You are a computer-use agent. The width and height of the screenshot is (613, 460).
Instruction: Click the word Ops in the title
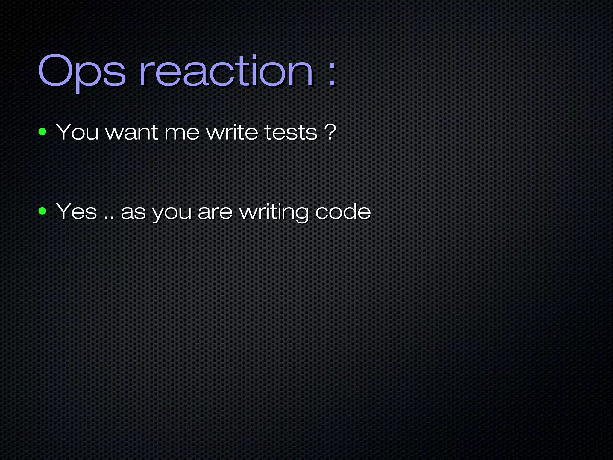click(82, 72)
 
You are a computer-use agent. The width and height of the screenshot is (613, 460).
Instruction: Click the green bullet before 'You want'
click(43, 132)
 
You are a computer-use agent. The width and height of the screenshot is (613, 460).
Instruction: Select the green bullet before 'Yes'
click(43, 211)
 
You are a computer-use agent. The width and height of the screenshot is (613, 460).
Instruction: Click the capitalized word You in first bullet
click(77, 132)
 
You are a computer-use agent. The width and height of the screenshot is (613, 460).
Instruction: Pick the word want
click(132, 132)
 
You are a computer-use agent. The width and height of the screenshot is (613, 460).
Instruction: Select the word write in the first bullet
click(232, 132)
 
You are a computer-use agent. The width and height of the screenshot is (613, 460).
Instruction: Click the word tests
click(291, 132)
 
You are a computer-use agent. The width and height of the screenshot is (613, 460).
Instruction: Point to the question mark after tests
click(330, 132)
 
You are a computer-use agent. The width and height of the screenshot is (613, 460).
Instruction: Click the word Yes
click(77, 211)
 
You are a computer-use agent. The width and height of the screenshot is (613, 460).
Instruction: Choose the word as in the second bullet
click(133, 213)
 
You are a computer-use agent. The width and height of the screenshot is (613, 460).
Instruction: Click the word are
click(215, 213)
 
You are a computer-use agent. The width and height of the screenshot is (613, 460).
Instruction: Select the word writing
click(274, 213)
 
